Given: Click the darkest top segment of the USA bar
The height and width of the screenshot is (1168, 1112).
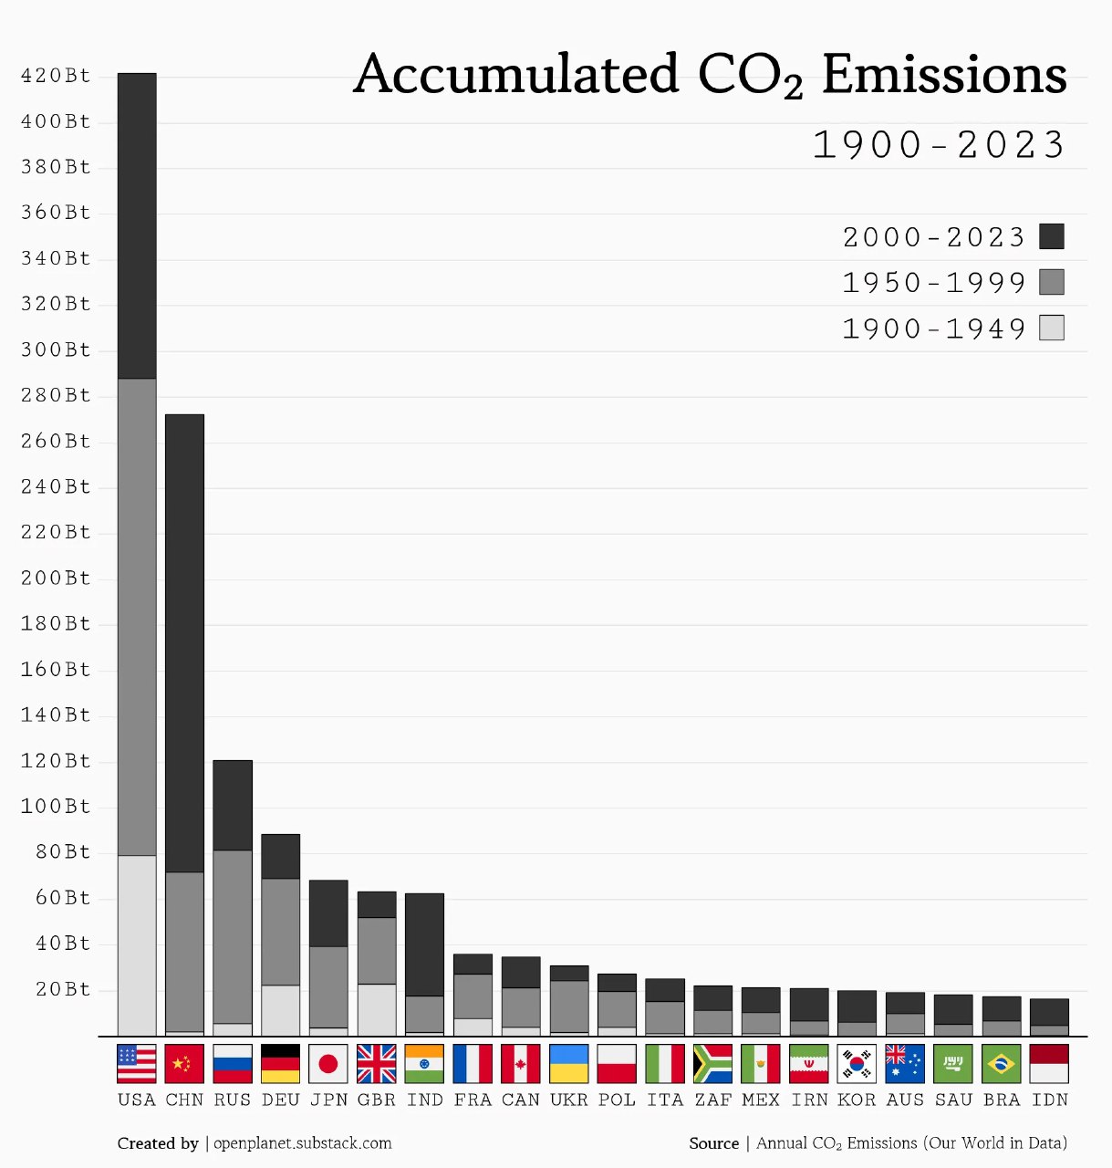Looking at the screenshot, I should [137, 225].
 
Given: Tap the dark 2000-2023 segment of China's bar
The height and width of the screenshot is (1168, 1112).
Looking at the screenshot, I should [184, 643].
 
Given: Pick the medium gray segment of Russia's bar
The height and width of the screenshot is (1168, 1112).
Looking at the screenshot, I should [233, 936].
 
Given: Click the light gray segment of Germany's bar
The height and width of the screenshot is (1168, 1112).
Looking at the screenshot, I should [281, 1010].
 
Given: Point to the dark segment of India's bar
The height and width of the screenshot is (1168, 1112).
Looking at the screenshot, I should [424, 944].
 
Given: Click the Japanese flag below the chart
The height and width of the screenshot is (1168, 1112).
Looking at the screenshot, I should [328, 1064].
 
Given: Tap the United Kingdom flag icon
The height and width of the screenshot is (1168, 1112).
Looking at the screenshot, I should [377, 1064].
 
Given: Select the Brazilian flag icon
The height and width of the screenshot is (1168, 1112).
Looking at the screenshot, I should [1002, 1064].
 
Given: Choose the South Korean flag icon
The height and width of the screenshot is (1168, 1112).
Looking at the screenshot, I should [857, 1064].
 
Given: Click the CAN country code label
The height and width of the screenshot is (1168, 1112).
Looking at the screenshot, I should [521, 1100].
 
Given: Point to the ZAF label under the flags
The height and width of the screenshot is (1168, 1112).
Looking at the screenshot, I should [713, 1100].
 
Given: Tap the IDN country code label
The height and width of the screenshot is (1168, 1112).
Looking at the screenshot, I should [1050, 1100].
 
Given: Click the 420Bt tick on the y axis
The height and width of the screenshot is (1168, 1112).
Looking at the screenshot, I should [56, 76].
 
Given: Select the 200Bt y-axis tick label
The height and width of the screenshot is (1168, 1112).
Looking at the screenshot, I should [56, 579].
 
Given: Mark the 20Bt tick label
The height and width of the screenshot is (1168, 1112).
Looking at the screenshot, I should [63, 990].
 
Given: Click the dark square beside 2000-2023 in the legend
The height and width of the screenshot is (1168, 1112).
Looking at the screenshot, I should [1052, 236].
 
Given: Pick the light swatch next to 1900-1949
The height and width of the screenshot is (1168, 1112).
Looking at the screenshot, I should [1052, 328].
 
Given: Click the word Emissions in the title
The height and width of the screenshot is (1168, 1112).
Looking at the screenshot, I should [944, 75].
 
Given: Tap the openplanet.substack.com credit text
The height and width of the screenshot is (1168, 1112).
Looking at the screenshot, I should [303, 1143].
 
